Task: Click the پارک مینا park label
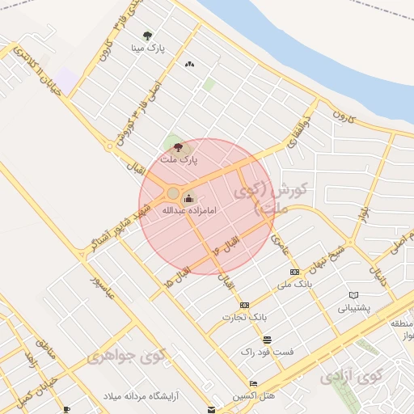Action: click(x=150, y=48)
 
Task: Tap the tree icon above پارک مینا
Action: click(x=147, y=36)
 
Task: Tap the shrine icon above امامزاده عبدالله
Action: click(x=189, y=198)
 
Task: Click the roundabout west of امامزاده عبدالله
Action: click(x=172, y=193)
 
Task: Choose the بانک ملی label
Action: click(x=294, y=285)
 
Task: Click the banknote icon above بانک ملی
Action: click(x=294, y=272)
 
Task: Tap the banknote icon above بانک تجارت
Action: click(x=244, y=305)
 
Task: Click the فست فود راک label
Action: click(x=267, y=353)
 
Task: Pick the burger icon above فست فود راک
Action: click(x=267, y=340)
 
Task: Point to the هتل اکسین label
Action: click(x=254, y=395)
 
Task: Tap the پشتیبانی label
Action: click(x=353, y=307)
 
